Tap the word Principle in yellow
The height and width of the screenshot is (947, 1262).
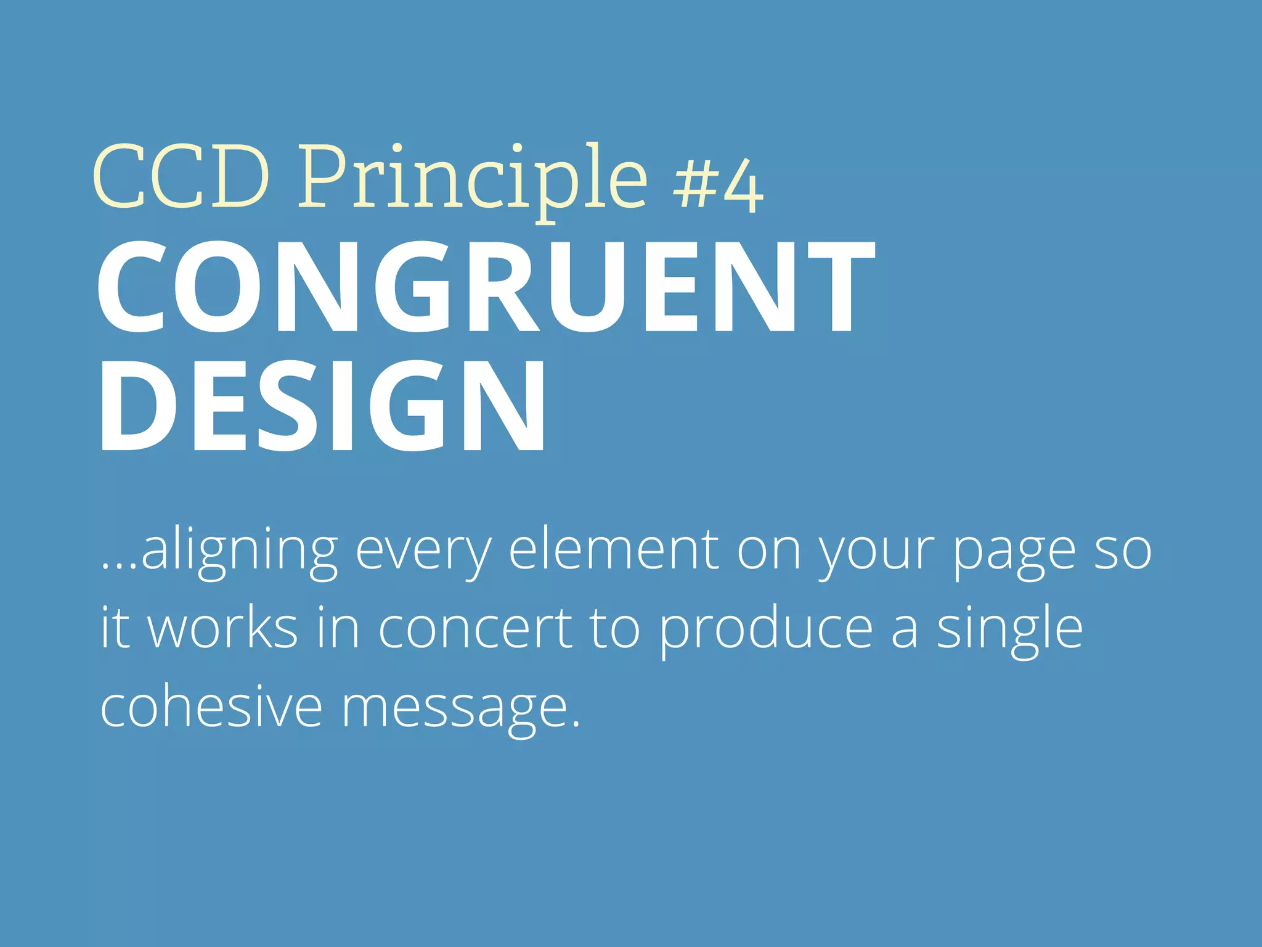(473, 180)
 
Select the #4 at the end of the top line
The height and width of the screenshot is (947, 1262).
(718, 185)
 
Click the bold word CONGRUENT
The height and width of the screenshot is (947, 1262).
(486, 286)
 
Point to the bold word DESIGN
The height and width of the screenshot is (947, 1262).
(322, 406)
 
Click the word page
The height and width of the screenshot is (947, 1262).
(1014, 552)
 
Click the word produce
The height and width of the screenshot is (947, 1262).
(765, 630)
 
